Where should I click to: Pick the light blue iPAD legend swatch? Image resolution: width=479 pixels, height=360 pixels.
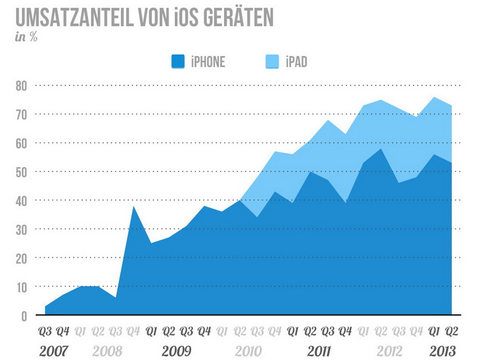tap(272, 62)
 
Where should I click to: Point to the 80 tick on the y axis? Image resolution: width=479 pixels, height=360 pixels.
tap(21, 85)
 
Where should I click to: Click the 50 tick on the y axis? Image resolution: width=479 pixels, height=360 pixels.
tap(21, 171)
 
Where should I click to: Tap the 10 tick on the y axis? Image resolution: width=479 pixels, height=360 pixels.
tap(21, 287)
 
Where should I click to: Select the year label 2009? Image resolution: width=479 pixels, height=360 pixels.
tap(177, 351)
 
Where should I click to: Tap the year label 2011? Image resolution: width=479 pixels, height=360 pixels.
tap(319, 351)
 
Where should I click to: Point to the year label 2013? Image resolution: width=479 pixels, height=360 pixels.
tap(443, 351)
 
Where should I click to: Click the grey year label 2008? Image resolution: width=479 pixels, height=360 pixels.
tap(107, 351)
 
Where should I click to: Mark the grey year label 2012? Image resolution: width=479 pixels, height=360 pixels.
tap(390, 351)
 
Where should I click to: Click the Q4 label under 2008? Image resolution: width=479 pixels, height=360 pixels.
tap(134, 331)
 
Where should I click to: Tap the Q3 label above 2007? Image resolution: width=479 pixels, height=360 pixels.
tap(45, 331)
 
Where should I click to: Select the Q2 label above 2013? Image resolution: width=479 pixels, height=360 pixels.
tap(452, 331)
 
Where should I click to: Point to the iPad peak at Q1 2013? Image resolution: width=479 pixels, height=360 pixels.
tap(434, 97)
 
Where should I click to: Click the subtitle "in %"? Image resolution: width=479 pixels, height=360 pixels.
tap(26, 37)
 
